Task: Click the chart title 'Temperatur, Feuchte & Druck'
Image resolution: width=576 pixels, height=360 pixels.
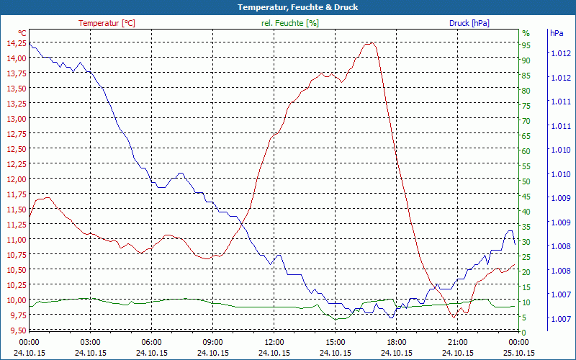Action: coord(287,7)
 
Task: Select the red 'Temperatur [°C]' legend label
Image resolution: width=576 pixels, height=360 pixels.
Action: coord(107,23)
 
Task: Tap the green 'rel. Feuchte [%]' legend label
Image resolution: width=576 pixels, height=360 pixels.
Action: coord(289,23)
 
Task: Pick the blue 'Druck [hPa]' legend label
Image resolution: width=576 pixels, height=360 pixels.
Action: coord(469,23)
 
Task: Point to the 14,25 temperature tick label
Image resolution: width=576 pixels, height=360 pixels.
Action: coord(17,43)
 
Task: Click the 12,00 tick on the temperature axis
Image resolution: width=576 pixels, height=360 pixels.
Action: coord(17,179)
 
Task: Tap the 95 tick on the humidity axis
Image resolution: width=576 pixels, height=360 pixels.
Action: coord(526,45)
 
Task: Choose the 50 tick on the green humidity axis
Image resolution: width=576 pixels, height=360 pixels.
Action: coord(526,181)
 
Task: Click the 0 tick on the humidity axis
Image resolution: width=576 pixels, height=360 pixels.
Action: coord(524,332)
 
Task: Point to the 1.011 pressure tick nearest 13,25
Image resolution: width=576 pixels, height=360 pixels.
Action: coord(561,102)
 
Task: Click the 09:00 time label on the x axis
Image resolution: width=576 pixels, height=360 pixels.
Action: coord(212,342)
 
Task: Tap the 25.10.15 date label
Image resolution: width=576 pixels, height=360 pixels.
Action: coord(519,353)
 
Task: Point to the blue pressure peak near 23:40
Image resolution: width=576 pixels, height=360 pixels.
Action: coord(510,230)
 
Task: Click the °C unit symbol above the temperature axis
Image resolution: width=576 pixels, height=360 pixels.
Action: coord(22,33)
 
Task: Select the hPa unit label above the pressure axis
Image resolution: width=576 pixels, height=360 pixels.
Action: coord(557,33)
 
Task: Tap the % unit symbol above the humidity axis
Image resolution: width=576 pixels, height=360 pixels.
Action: coord(526,33)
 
